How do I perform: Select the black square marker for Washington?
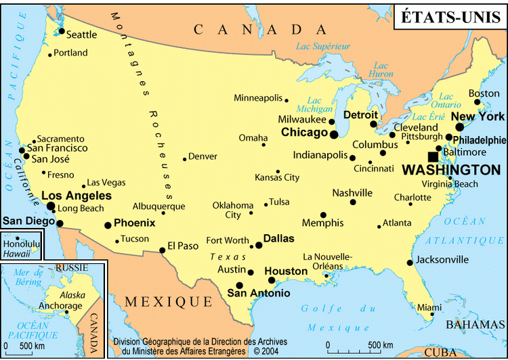coord(433,157)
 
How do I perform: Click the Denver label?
coord(203,156)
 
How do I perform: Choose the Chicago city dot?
coord(334,135)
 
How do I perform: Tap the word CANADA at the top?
coord(260,29)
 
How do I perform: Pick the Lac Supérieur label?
coord(324,46)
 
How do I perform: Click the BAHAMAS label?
coord(478,325)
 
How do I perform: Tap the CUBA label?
coord(441,353)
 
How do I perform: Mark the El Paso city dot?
coord(163,250)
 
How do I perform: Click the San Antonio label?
coord(258,294)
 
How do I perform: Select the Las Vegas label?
coord(106,182)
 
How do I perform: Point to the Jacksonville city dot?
coord(410,263)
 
